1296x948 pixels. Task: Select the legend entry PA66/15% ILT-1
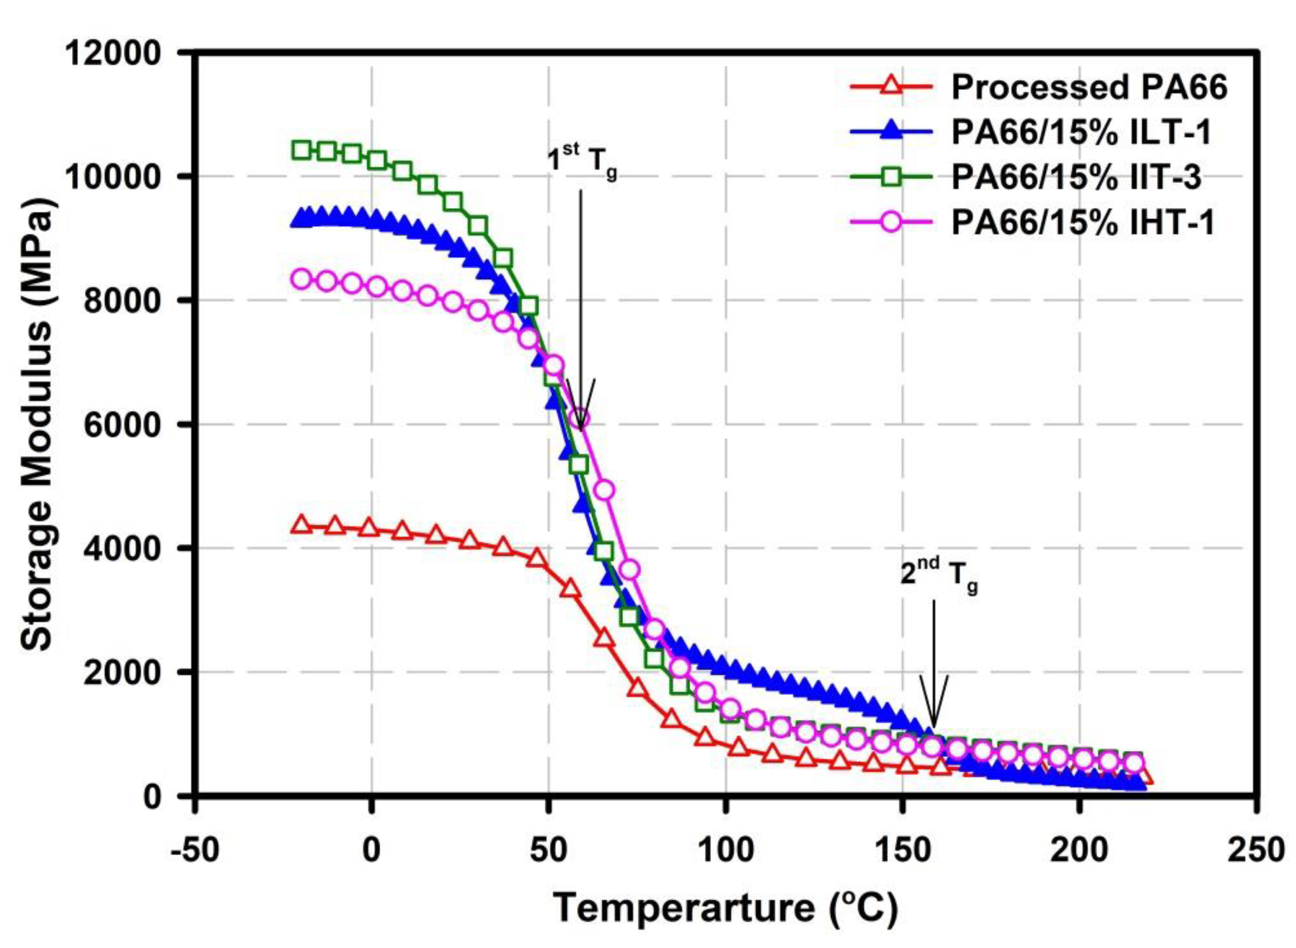[x=1081, y=133]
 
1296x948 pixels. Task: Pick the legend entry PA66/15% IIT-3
[x=1076, y=177]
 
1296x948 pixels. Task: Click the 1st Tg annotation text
[x=581, y=160]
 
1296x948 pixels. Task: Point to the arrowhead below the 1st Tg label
[x=581, y=424]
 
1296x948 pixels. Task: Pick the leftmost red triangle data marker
[x=301, y=525]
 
